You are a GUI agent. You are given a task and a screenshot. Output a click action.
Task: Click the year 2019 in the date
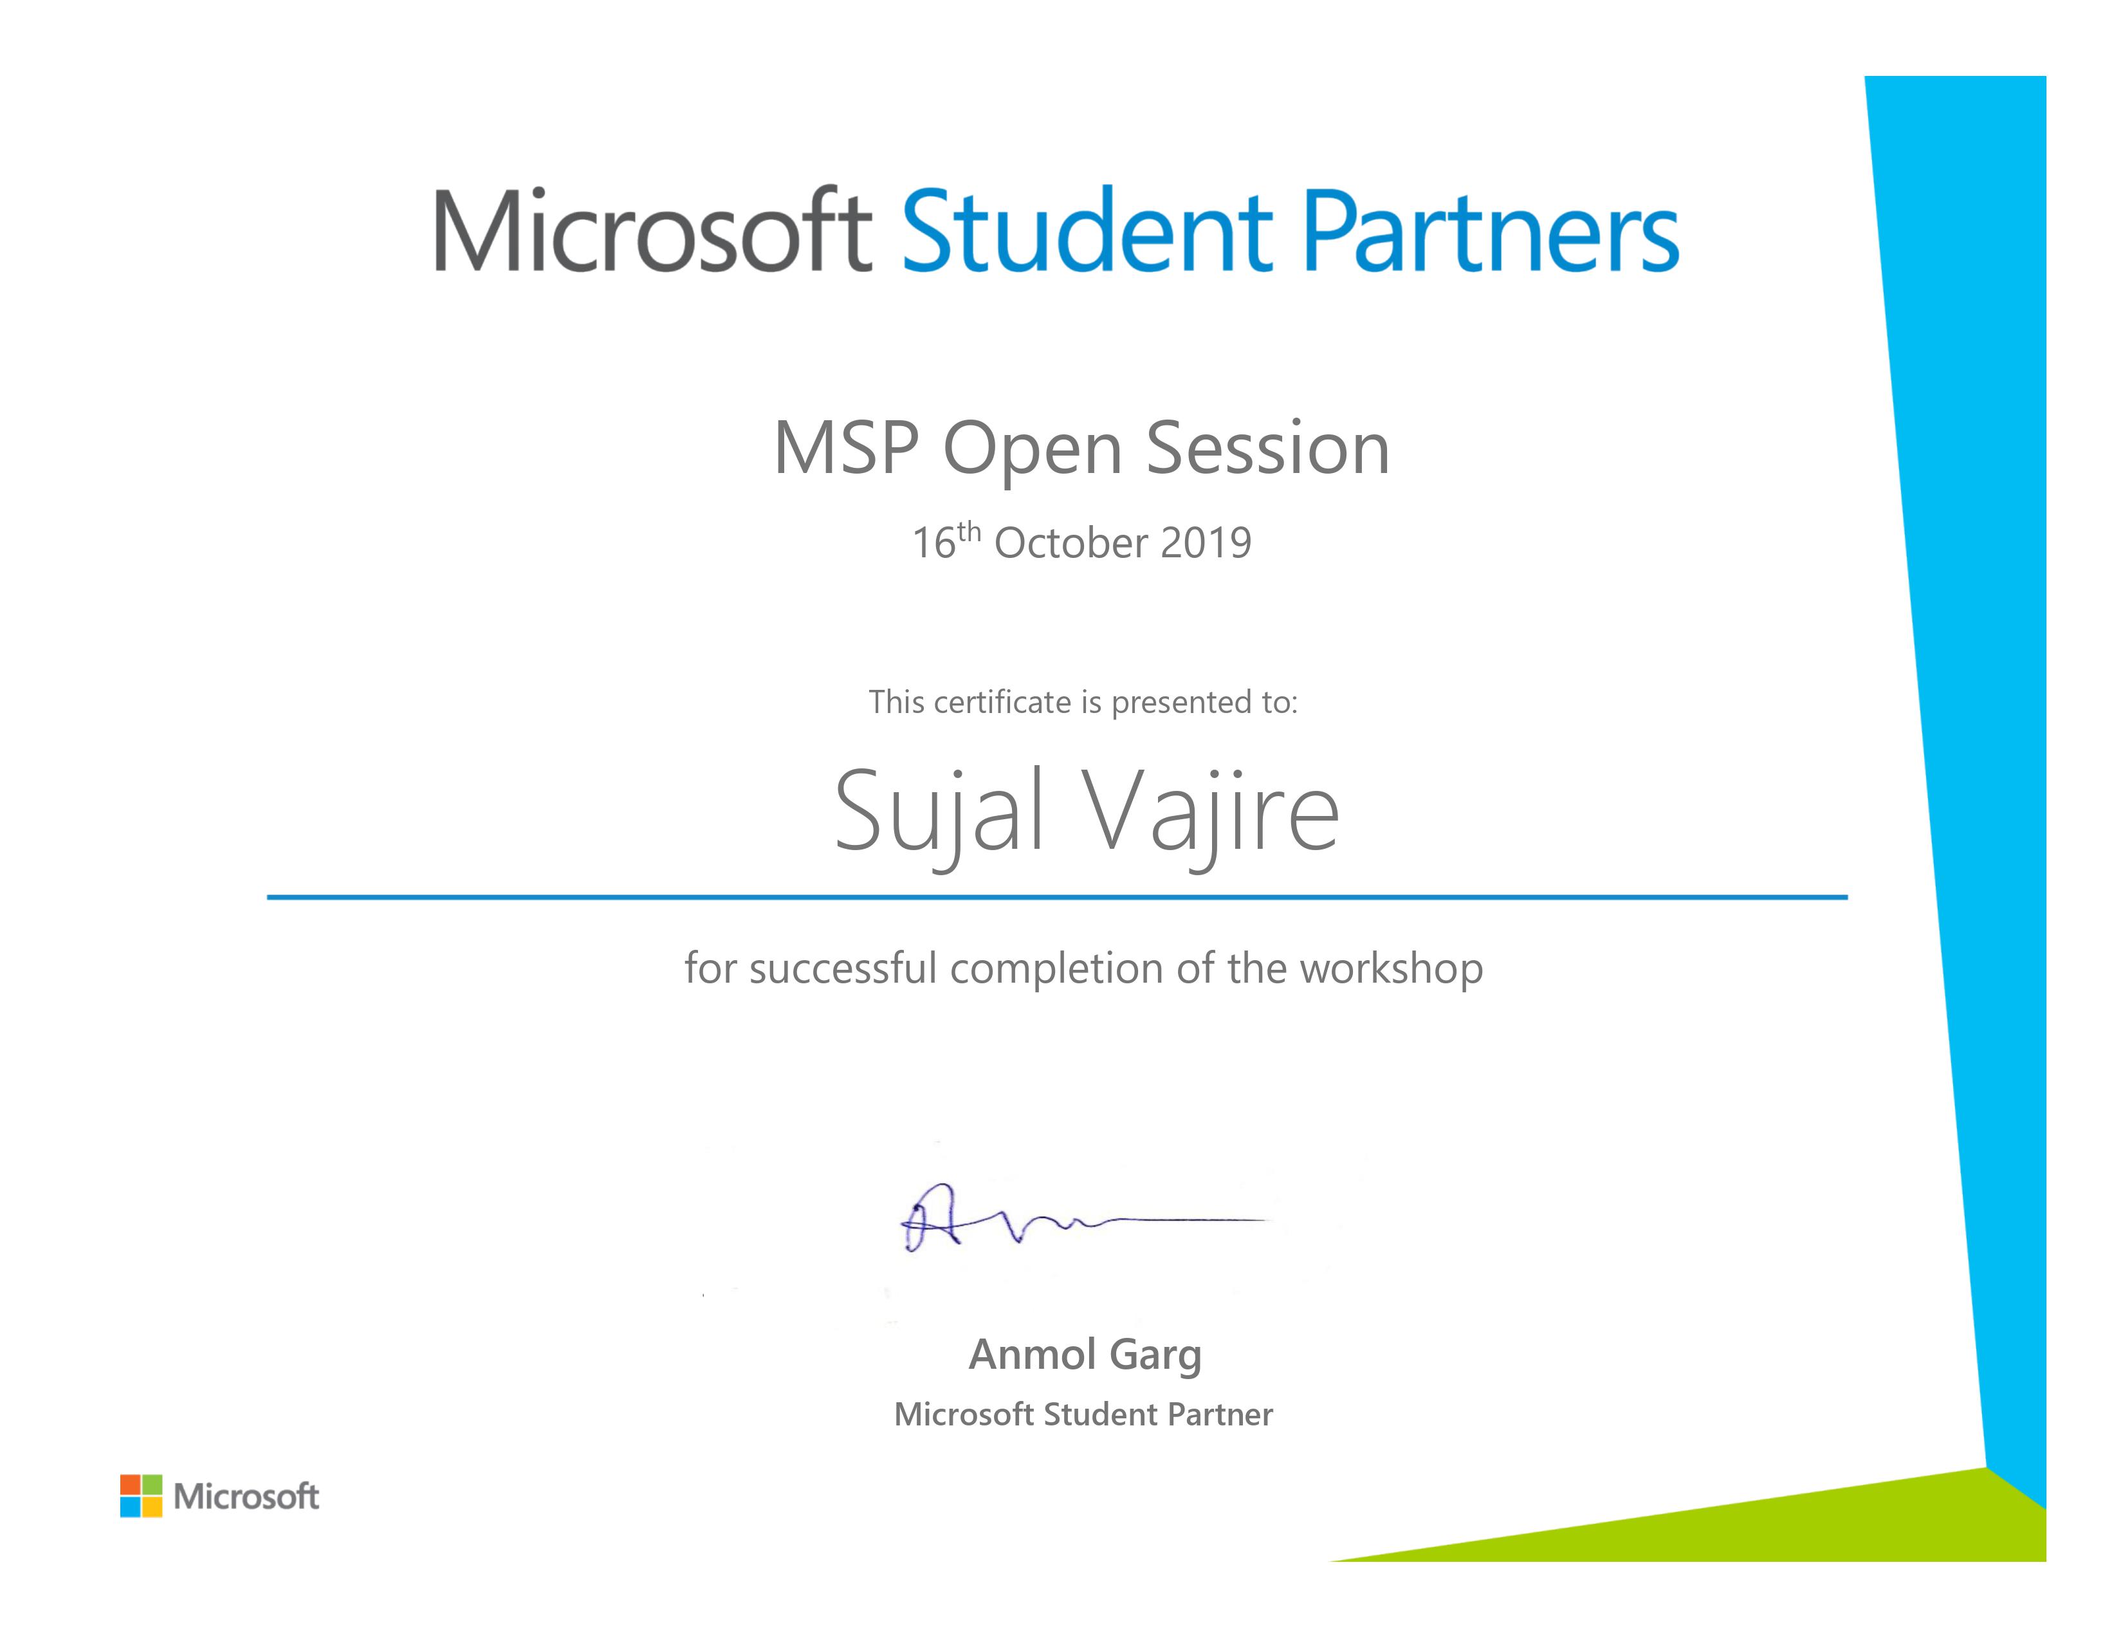coord(1206,543)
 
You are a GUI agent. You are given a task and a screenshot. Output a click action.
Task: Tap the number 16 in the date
coord(933,543)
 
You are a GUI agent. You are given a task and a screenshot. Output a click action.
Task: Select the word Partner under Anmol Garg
coord(1220,1414)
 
